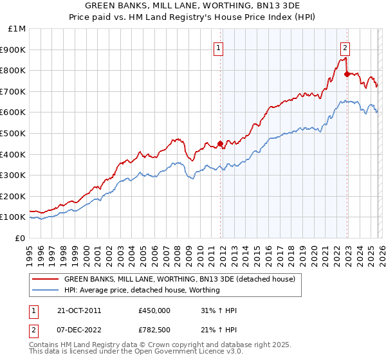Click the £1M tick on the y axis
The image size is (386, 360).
click(x=17, y=29)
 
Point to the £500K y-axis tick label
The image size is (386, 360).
click(x=14, y=134)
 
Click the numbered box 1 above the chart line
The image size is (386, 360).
click(x=218, y=48)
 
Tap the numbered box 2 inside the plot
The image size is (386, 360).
click(x=345, y=48)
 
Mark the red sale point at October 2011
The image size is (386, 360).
click(x=220, y=143)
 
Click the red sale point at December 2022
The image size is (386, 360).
click(x=347, y=74)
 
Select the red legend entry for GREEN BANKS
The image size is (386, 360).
click(x=179, y=280)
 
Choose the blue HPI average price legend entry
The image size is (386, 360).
click(x=142, y=290)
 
